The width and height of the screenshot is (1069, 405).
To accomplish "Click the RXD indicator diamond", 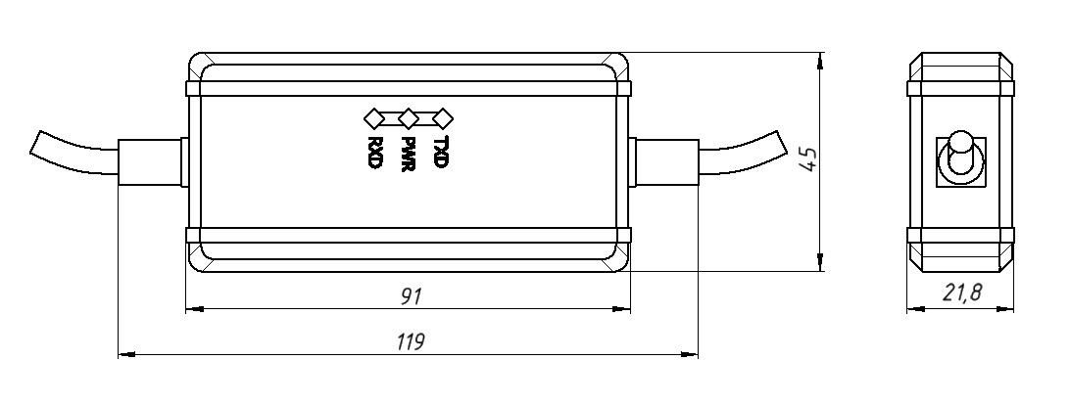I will [x=373, y=118].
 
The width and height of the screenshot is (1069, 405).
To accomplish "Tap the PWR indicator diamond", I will [x=409, y=118].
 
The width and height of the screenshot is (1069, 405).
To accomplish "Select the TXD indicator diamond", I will [x=443, y=118].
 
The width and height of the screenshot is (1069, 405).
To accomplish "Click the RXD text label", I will [x=373, y=153].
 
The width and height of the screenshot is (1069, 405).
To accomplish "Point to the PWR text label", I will [x=409, y=153].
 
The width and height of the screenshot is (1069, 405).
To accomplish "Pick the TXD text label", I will [x=442, y=153].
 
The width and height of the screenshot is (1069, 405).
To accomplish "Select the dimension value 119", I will [x=410, y=342].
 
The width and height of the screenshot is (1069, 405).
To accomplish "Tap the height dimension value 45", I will [x=807, y=159].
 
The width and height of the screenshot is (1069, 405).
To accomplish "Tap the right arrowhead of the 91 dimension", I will [x=625, y=309].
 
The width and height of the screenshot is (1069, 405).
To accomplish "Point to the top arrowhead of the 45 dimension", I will [x=818, y=59].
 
